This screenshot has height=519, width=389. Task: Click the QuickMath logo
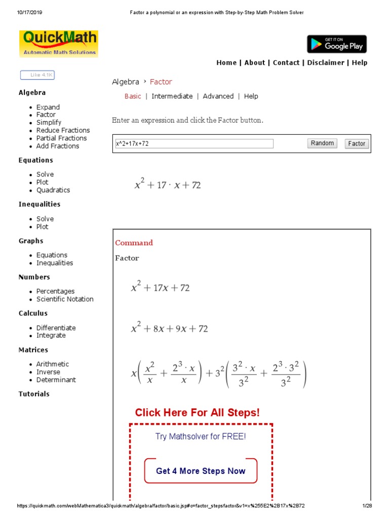coord(58,44)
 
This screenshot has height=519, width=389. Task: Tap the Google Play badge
coord(336,44)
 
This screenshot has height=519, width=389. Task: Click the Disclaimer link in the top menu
coord(326,63)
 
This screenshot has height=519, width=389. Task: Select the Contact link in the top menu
coord(286,63)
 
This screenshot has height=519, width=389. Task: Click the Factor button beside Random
coord(357,143)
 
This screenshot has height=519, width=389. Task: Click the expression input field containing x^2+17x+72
coord(194,143)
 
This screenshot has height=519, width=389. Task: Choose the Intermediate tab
coord(172,96)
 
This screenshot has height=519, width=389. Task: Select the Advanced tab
coord(218,96)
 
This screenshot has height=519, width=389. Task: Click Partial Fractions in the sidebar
coord(61,138)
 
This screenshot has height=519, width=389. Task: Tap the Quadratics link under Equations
coord(53,190)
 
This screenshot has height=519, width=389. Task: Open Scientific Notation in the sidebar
coord(65,299)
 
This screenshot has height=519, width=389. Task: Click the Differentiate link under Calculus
coord(56,328)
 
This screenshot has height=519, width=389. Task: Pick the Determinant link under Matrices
coord(56,380)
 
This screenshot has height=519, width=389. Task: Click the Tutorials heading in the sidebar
coord(34,394)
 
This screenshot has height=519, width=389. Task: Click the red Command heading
coord(134,243)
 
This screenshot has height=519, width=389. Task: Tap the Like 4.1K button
coord(37,75)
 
